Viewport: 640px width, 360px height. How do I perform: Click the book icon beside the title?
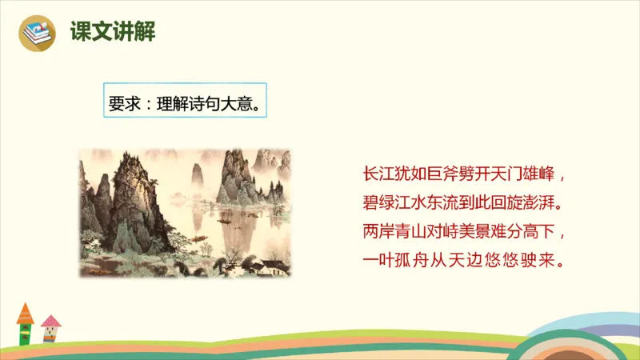click(x=36, y=33)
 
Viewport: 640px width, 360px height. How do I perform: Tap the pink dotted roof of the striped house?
click(x=51, y=322)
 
